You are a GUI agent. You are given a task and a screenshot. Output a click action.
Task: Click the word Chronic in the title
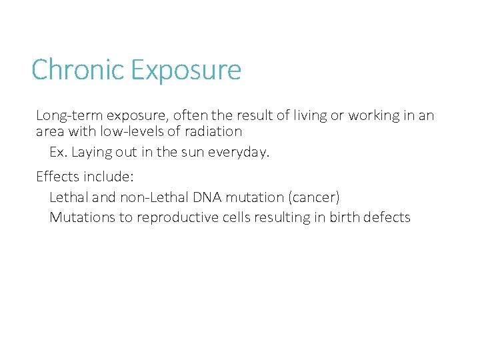coord(77,70)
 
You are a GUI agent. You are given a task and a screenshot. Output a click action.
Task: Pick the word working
coord(374,116)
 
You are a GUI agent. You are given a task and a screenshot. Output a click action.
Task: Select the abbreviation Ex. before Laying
coord(58,152)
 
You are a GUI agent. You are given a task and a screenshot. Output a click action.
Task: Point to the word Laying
coord(90,153)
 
